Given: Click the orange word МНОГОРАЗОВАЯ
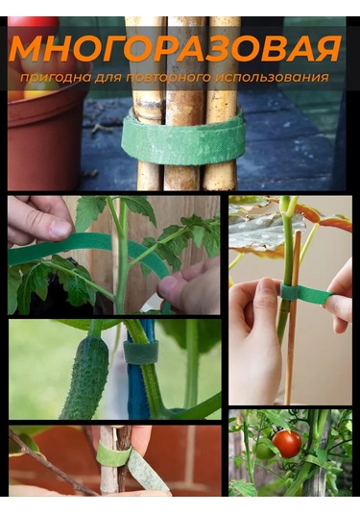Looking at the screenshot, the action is pyautogui.click(x=176, y=49).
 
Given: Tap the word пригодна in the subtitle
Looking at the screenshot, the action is pyautogui.click(x=56, y=78).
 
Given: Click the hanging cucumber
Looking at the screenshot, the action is pyautogui.click(x=85, y=377).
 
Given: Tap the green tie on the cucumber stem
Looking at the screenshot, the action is pyautogui.click(x=141, y=352).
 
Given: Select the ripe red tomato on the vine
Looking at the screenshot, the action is pyautogui.click(x=287, y=444).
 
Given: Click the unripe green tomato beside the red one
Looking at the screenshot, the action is pyautogui.click(x=264, y=450).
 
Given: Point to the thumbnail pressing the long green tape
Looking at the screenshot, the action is pyautogui.click(x=60, y=228).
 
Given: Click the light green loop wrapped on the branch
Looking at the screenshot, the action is pyautogui.click(x=113, y=454).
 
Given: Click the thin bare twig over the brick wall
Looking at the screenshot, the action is pyautogui.click(x=49, y=462).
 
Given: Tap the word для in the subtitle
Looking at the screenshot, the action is pyautogui.click(x=108, y=79).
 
